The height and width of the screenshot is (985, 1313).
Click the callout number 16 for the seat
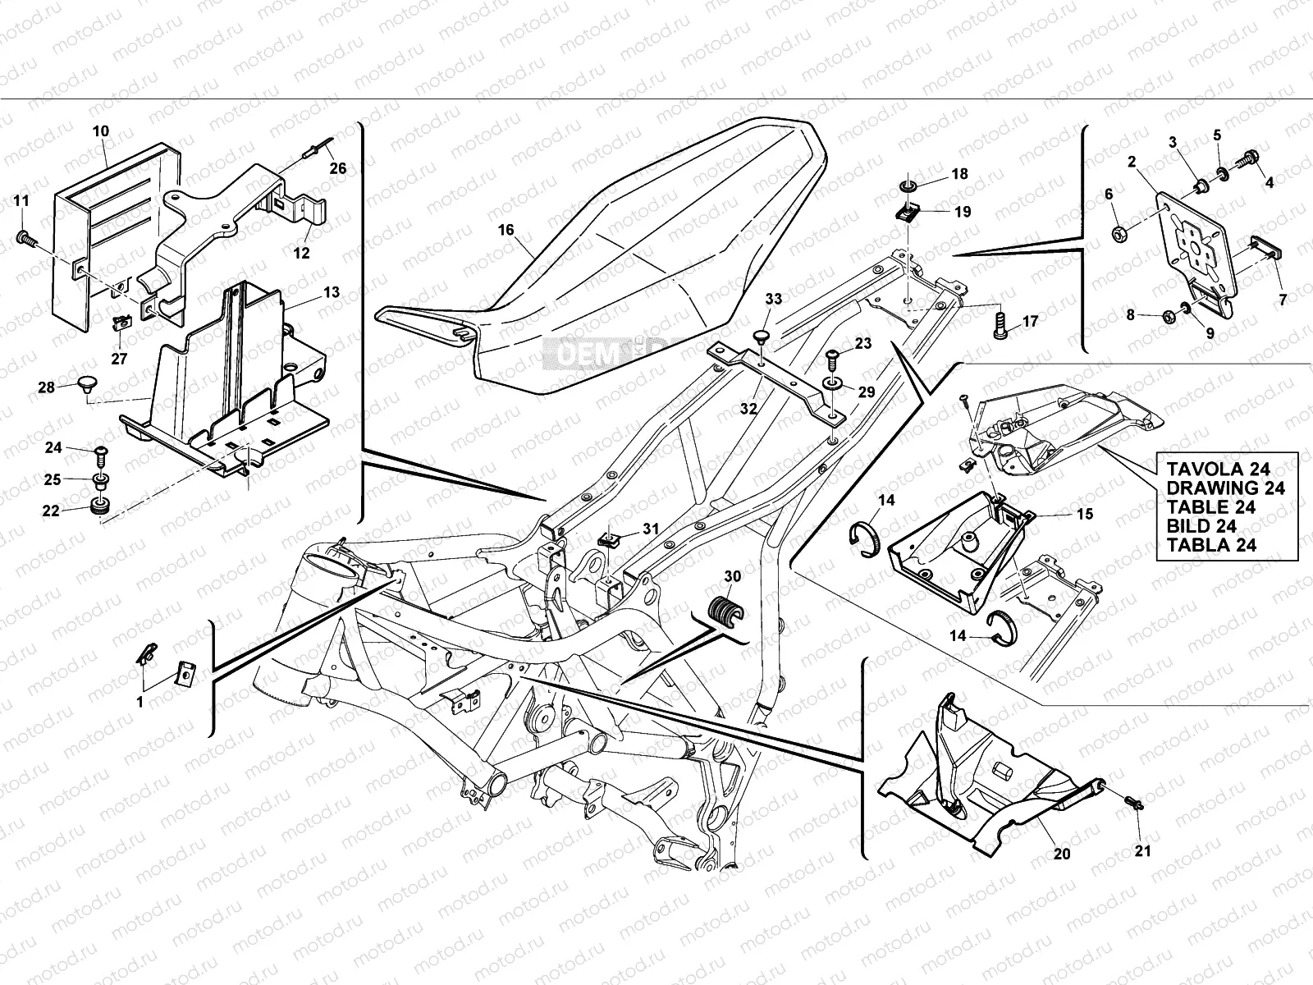point(506,230)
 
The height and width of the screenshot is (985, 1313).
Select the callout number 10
point(100,131)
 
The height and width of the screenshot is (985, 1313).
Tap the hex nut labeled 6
point(1119,234)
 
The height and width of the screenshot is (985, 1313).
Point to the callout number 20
point(1061,854)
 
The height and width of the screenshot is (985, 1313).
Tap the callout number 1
point(140,703)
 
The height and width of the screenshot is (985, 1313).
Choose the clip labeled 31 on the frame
point(608,538)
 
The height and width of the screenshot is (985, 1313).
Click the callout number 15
point(1086,515)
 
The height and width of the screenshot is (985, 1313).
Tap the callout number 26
point(338,169)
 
